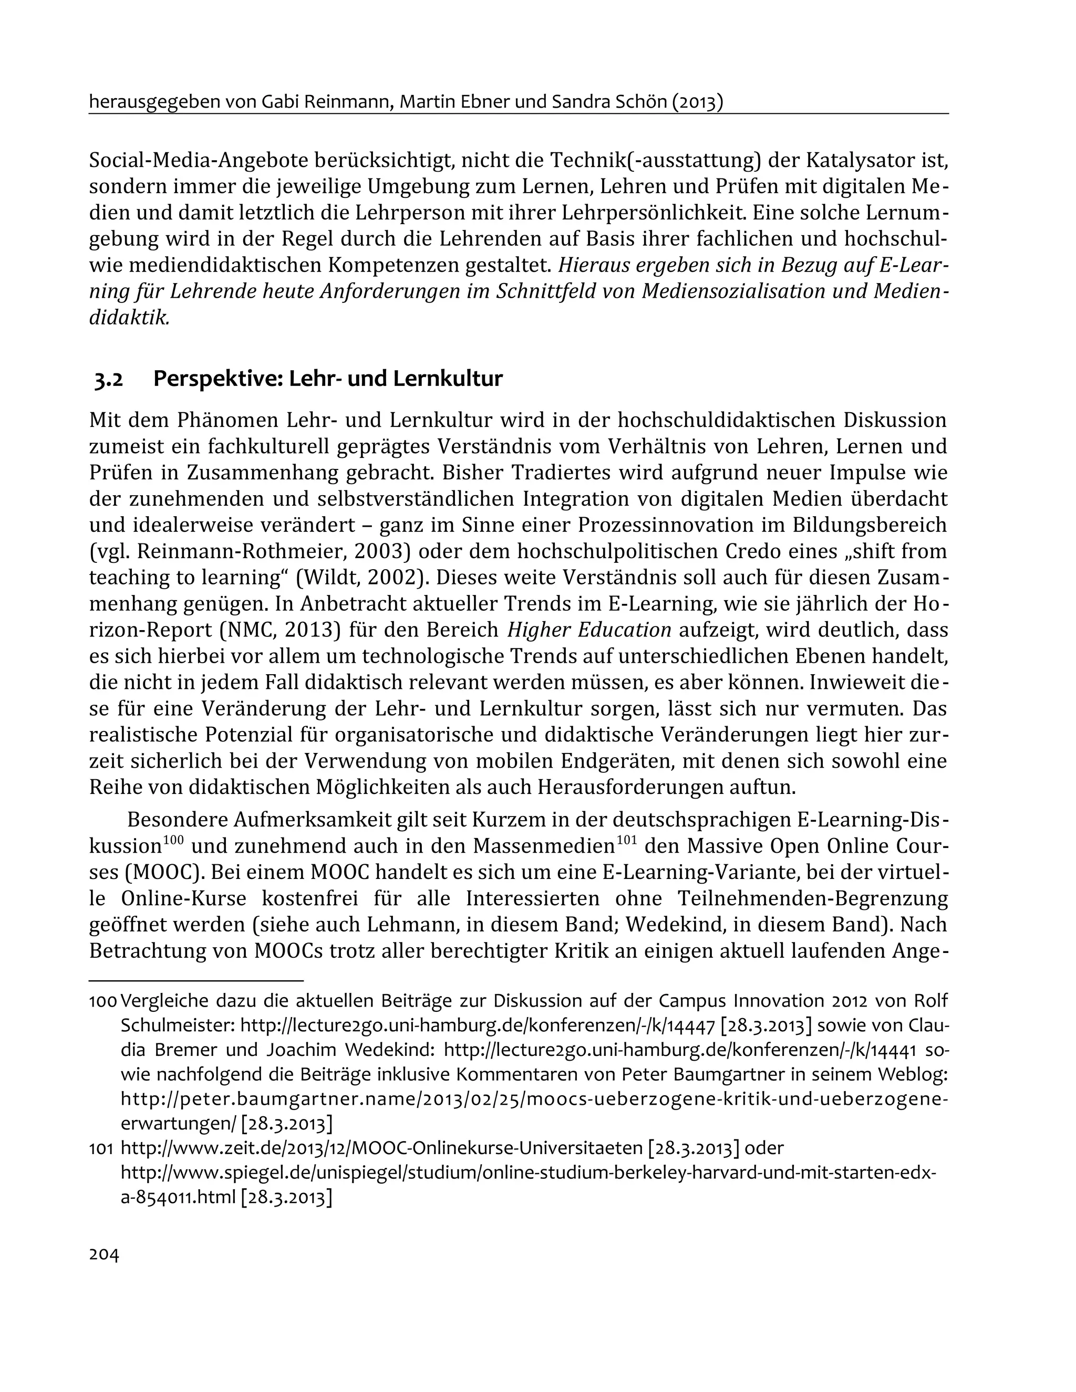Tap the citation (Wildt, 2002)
coord(360,578)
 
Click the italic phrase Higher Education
coord(589,630)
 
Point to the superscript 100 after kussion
coord(173,841)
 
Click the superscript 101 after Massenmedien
coord(628,841)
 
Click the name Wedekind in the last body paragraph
coord(697,924)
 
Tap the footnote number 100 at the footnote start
coord(102,1001)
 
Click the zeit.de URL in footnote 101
coord(381,1148)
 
